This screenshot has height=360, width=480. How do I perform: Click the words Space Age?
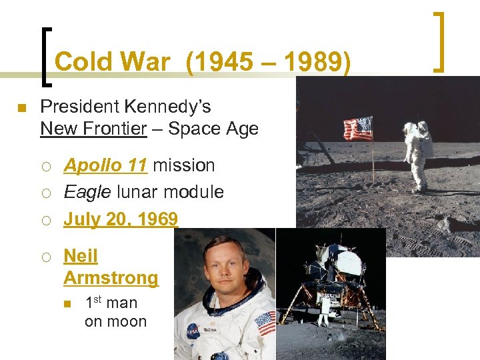tap(213, 128)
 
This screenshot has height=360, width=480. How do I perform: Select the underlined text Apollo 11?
tap(105, 165)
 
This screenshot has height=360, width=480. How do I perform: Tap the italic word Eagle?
tap(86, 192)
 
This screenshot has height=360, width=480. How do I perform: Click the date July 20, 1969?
tap(121, 219)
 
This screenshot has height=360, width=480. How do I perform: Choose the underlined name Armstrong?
tap(111, 277)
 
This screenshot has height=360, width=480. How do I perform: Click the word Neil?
tap(80, 256)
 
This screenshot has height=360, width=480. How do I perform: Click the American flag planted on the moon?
tap(358, 128)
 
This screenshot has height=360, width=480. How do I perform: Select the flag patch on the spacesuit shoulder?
tap(265, 323)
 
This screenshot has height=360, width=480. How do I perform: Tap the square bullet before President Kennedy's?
tap(21, 108)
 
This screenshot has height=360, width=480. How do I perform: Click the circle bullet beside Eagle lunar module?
tap(47, 193)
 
